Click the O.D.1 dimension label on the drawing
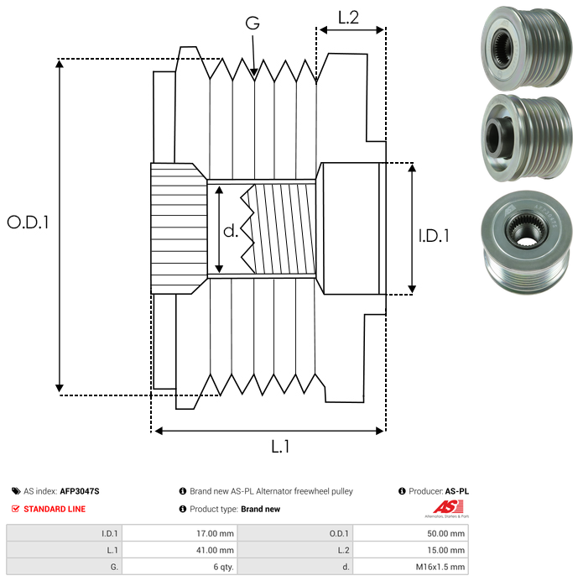point(29,222)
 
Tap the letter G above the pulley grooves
point(253,24)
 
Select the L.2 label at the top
point(348,17)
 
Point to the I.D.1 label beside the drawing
point(434,236)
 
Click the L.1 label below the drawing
point(280,447)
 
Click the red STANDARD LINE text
point(55,509)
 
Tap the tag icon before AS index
point(16,491)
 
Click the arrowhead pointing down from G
point(253,74)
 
